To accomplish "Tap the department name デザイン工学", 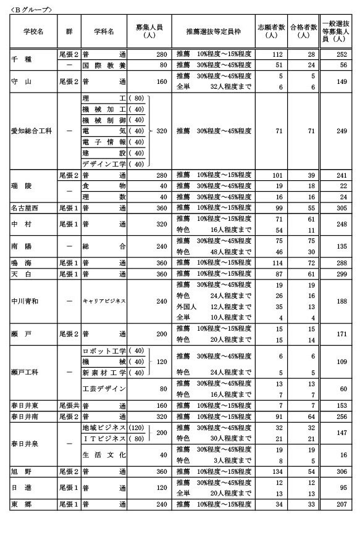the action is pos(104,164).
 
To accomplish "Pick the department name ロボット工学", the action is pos(104,350).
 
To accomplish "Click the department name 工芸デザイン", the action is pos(104,388).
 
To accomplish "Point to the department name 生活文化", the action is pos(104,454).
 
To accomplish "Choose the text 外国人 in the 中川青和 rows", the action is pos(186,306).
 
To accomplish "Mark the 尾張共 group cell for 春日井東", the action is pos(69,405).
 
